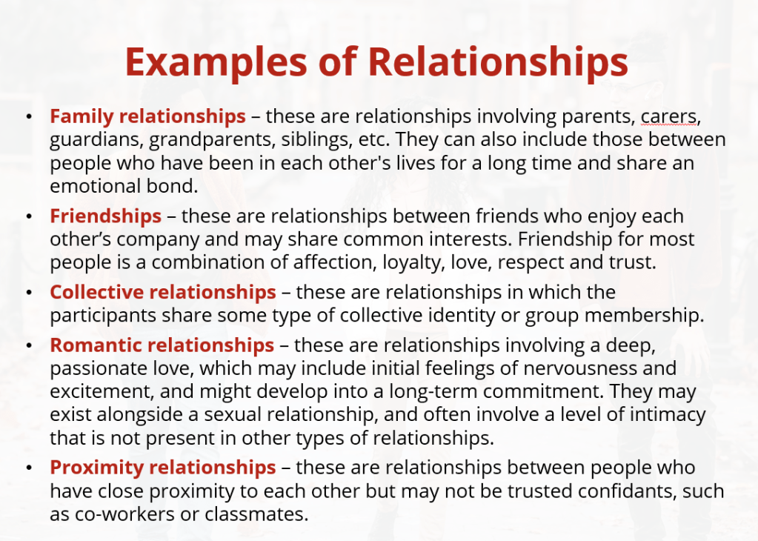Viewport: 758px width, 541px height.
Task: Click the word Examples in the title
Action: [216, 63]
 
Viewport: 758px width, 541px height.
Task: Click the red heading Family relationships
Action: [148, 116]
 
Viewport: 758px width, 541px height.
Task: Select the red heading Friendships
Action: [105, 216]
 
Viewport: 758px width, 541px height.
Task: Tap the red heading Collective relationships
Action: [163, 292]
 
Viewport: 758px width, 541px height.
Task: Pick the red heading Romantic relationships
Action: [162, 345]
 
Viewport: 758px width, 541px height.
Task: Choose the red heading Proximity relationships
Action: [163, 468]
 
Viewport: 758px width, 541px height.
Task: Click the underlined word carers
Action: [669, 117]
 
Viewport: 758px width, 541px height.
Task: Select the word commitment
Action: [543, 391]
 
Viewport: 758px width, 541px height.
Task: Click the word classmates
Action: [256, 514]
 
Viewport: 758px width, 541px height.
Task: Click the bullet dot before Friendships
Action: [30, 217]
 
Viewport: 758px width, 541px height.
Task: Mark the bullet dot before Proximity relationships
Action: [30, 468]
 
